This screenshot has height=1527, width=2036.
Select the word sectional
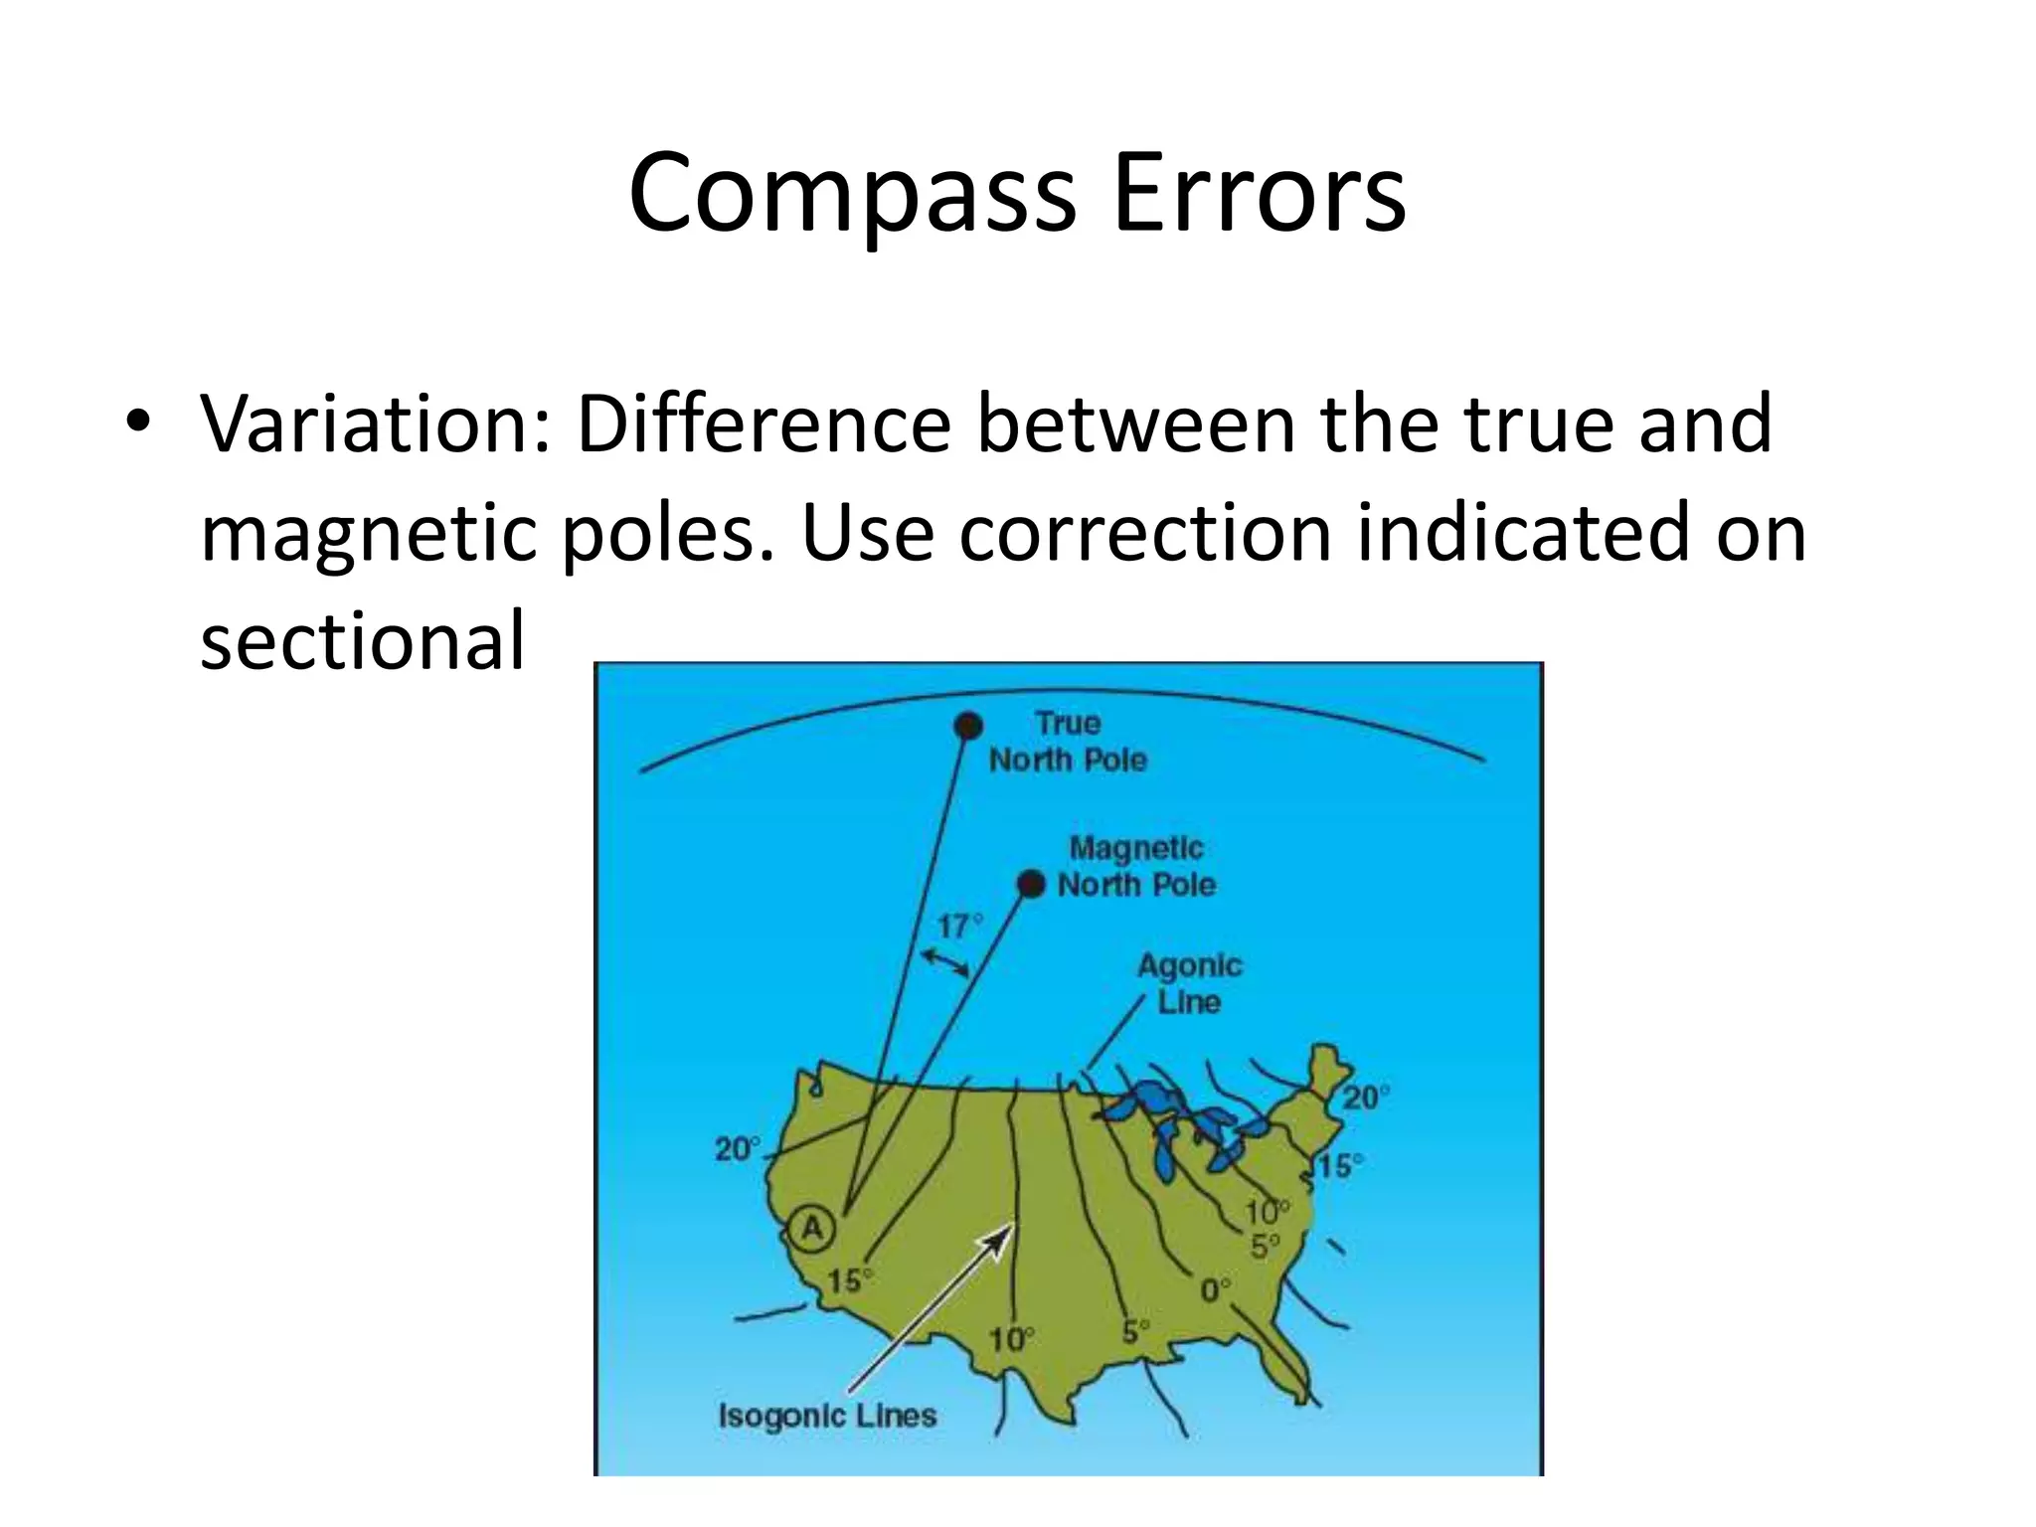[x=362, y=640]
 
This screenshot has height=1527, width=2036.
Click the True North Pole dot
[x=966, y=727]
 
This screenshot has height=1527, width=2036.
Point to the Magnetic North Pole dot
[x=1032, y=883]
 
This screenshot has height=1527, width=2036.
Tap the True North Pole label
[x=1068, y=742]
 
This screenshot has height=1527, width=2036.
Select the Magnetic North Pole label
[x=1136, y=866]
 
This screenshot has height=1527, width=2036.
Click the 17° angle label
[x=958, y=927]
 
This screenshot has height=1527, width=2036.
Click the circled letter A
[x=813, y=1229]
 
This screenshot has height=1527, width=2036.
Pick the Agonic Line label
[x=1189, y=982]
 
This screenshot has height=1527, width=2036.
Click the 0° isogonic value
[x=1215, y=1290]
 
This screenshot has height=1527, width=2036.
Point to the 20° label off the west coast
[x=737, y=1149]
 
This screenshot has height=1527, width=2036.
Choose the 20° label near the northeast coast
[x=1366, y=1098]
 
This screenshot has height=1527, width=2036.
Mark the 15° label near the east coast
[x=1340, y=1166]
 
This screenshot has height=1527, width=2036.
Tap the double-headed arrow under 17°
[x=944, y=962]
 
